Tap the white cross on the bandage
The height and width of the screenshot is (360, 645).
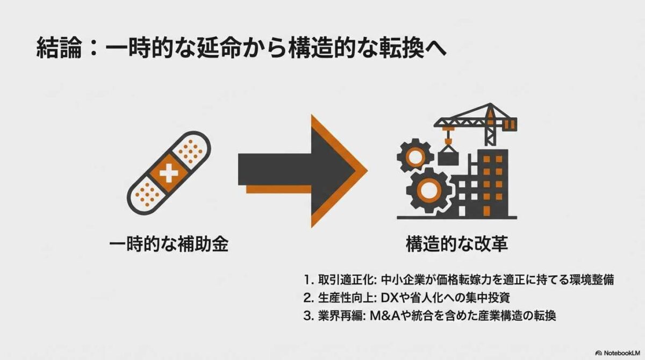pyautogui.click(x=169, y=173)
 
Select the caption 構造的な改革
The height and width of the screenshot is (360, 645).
pyautogui.click(x=456, y=245)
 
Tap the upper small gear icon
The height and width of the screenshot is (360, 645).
pyautogui.click(x=415, y=156)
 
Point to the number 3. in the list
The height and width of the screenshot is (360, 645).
pyautogui.click(x=307, y=315)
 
